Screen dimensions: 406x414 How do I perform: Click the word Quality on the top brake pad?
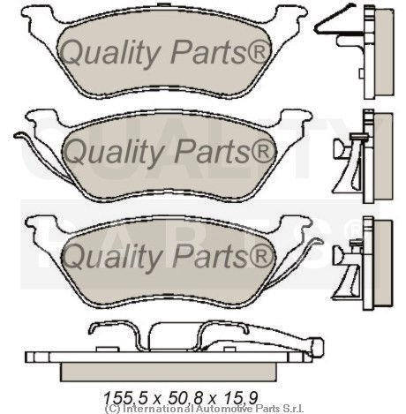pos(109,53)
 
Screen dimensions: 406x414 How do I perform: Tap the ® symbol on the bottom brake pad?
pos(261,256)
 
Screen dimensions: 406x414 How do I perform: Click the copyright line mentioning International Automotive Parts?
pos(204,409)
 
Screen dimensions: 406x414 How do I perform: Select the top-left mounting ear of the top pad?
pos(38,15)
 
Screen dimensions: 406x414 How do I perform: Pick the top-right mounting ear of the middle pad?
pos(294,117)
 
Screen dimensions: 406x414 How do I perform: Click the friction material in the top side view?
pos(384,52)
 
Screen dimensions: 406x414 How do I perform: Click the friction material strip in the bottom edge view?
pos(169,372)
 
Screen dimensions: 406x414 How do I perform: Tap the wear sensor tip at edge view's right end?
pos(319,347)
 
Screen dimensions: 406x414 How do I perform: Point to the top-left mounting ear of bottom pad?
pos(41,224)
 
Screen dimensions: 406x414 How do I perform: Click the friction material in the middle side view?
pos(383,157)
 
